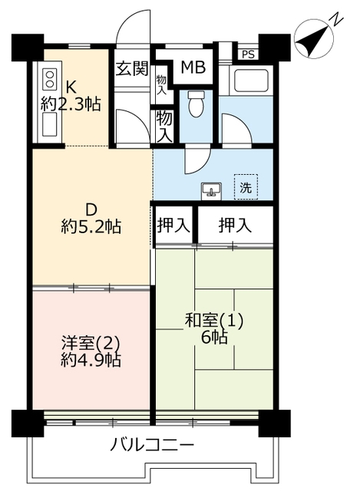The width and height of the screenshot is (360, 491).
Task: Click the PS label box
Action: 248,54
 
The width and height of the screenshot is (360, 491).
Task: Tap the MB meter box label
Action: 193,67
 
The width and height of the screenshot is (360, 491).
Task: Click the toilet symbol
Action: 197,104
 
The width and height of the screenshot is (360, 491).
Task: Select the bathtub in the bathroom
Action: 249,80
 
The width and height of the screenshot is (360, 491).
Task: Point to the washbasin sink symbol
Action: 212,190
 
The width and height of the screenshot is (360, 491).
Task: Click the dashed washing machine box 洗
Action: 246,187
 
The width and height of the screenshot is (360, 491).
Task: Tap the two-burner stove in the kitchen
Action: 50,79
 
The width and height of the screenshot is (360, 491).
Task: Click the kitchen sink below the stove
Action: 50,124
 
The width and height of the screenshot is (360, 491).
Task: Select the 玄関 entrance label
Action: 132,68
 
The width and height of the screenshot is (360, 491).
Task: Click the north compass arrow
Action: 314,38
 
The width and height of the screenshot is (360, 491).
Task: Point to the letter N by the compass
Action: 336,19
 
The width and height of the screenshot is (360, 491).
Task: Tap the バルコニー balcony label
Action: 152,445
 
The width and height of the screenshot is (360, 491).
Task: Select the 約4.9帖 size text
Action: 91,361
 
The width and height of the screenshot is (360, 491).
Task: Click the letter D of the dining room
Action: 91,209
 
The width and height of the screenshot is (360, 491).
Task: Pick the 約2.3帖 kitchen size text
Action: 71,104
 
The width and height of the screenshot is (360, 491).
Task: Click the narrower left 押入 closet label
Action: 173,225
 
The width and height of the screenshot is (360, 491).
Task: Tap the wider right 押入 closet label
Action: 235,225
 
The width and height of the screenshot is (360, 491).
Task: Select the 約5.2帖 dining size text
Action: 91,226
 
